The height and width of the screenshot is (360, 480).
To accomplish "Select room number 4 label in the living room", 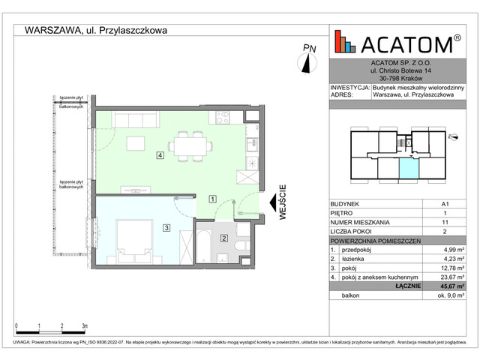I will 160,155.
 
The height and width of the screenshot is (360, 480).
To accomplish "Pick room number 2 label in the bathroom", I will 223,238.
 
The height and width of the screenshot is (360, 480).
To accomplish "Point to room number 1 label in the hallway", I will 213,199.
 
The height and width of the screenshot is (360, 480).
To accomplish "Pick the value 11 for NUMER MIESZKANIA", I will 445,223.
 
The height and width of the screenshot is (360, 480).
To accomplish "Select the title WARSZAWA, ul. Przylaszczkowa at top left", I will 95,30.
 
